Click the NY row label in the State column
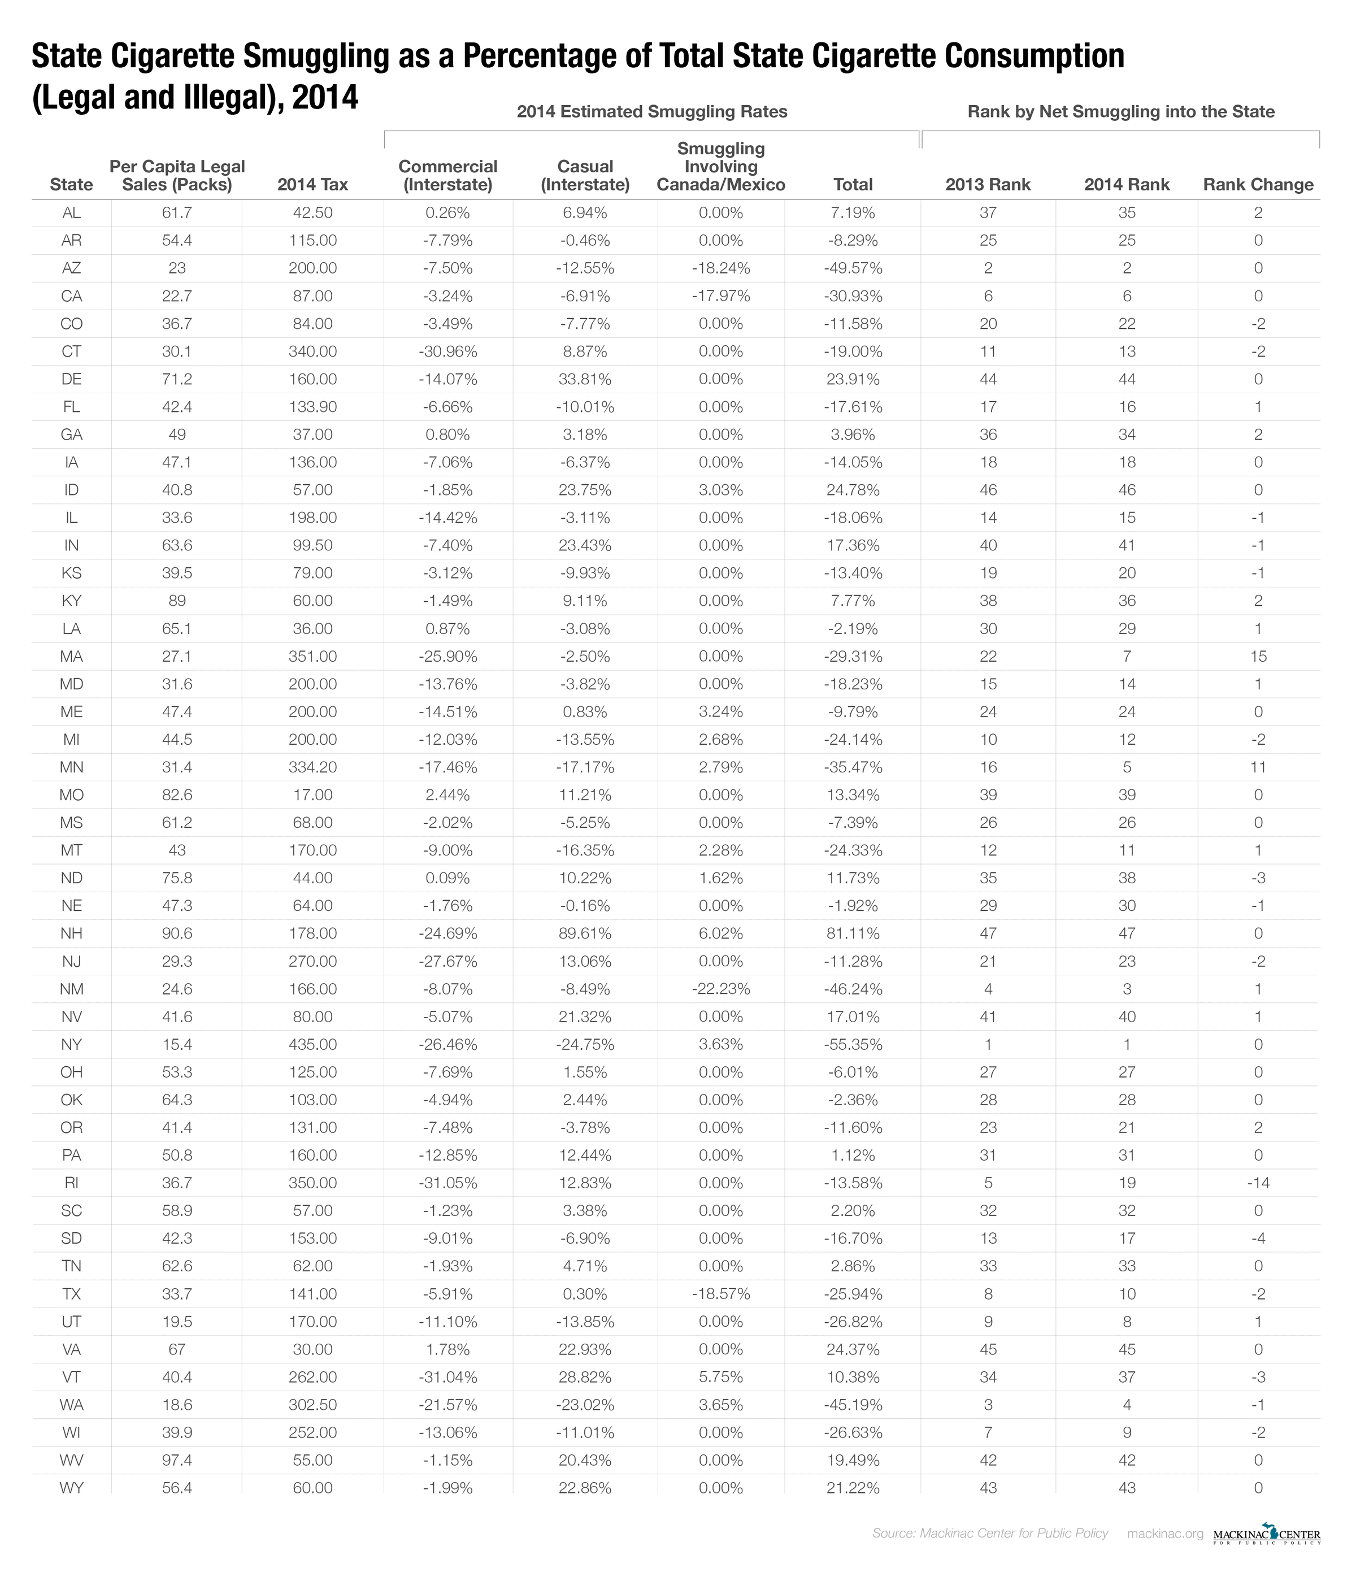pyautogui.click(x=71, y=1044)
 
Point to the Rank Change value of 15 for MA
pyautogui.click(x=1258, y=656)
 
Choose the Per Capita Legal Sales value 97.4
pyautogui.click(x=176, y=1460)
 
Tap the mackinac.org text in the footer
pyautogui.click(x=1164, y=1534)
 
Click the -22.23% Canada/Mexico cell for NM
pyautogui.click(x=720, y=989)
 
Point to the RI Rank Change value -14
pyautogui.click(x=1258, y=1183)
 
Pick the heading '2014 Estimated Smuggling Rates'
pyautogui.click(x=651, y=111)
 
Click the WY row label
pyautogui.click(x=71, y=1487)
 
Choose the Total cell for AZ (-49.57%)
pyautogui.click(x=853, y=268)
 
